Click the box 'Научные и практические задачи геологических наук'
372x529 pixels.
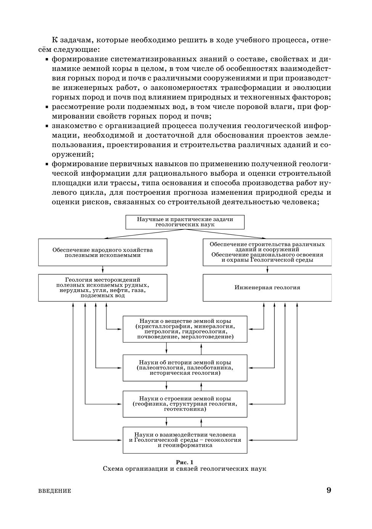tap(185, 222)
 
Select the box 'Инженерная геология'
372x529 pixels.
tap(267, 287)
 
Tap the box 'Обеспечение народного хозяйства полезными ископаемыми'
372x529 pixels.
tap(103, 252)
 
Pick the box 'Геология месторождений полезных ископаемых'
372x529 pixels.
tap(103, 287)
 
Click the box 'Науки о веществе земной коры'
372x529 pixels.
tap(185, 329)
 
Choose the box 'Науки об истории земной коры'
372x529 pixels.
tap(185, 368)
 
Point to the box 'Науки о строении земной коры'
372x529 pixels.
tap(185, 404)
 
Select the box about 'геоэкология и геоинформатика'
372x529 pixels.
tap(185, 440)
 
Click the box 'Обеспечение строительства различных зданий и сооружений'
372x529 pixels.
tap(267, 252)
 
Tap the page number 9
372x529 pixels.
tap(329, 490)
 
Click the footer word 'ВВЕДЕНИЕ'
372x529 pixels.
tap(55, 491)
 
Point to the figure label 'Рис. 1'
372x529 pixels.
tap(185, 462)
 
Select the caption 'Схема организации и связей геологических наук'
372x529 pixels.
tap(185, 469)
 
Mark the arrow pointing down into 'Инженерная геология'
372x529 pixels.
tap(267, 270)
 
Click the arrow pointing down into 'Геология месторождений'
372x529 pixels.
tap(103, 270)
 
